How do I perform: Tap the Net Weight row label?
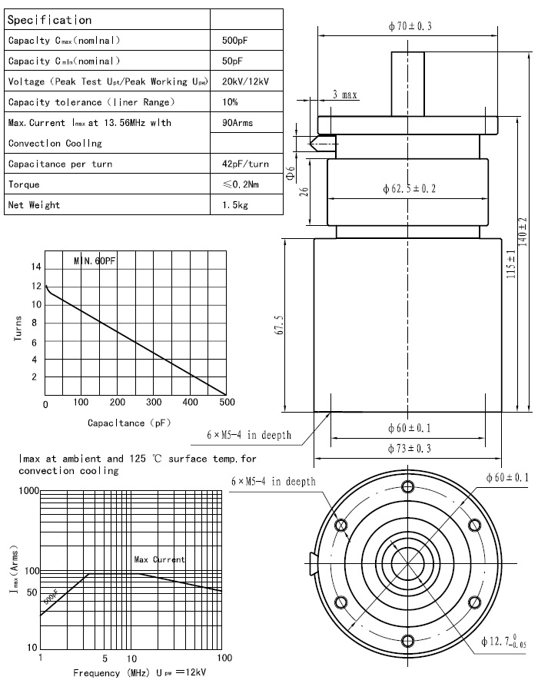click(x=34, y=205)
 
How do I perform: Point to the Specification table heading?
click(x=49, y=20)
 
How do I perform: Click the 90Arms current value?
click(x=237, y=122)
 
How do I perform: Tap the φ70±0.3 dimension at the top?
click(x=410, y=26)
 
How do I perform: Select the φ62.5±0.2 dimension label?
click(x=409, y=189)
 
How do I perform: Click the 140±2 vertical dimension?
click(x=522, y=231)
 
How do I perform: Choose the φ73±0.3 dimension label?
click(x=410, y=449)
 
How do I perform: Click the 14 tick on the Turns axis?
click(x=34, y=267)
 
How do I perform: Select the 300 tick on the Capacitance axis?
click(x=154, y=403)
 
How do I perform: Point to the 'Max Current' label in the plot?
click(x=159, y=560)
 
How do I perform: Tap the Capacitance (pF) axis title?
click(x=129, y=423)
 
